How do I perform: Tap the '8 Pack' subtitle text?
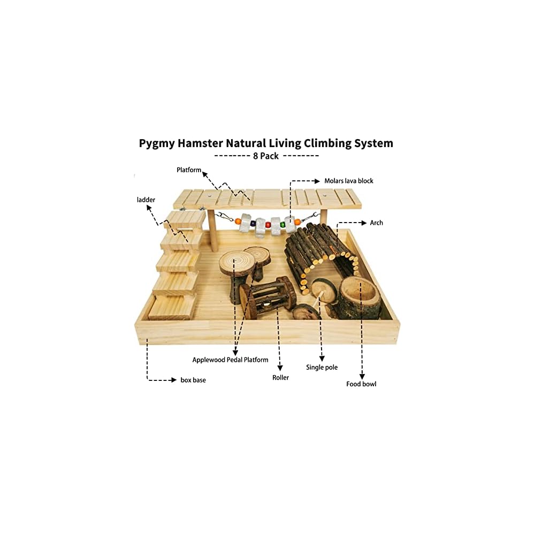[x=266, y=156]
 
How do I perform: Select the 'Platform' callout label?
[x=189, y=170]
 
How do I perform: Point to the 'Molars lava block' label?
[x=349, y=181]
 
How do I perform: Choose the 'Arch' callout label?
[x=377, y=223]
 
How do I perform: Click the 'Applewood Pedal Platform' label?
[x=231, y=360]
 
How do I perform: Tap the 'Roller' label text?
[x=280, y=378]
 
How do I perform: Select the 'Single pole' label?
[x=322, y=368]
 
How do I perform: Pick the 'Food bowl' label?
[x=361, y=384]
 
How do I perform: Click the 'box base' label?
[x=193, y=380]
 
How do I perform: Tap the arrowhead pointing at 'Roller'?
[x=280, y=368]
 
